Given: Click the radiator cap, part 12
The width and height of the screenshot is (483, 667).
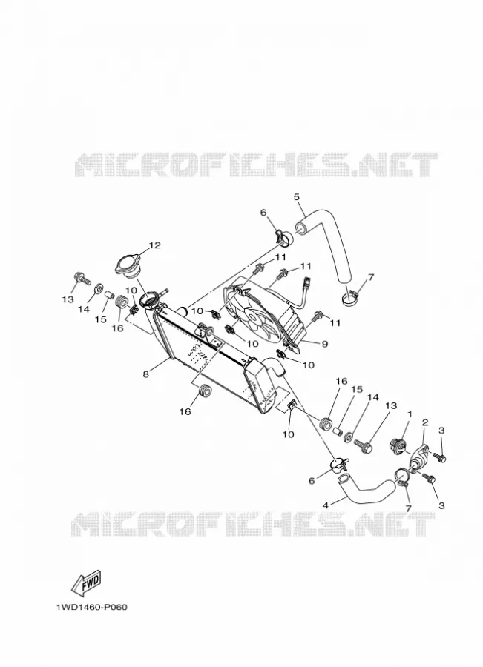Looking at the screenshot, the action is pyautogui.click(x=127, y=266).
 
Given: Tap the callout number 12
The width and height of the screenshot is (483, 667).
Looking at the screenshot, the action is pyautogui.click(x=154, y=245).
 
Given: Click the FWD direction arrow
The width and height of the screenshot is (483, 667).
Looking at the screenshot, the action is pyautogui.click(x=86, y=583).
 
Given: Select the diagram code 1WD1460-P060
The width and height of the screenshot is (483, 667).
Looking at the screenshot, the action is pyautogui.click(x=91, y=607).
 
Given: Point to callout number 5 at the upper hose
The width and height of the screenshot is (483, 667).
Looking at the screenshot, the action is pyautogui.click(x=297, y=197).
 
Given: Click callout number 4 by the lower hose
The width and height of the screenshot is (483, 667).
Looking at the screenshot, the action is pyautogui.click(x=326, y=505).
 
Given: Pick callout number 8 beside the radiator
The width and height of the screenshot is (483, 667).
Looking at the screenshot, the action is pyautogui.click(x=146, y=374).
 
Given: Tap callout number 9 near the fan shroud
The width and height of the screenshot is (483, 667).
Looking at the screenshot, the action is pyautogui.click(x=325, y=344).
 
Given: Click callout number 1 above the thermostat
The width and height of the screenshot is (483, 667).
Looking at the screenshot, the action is pyautogui.click(x=410, y=414).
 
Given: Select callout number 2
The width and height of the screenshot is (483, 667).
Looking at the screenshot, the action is pyautogui.click(x=425, y=422).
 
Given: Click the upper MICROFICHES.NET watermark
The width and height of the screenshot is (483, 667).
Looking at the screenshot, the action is pyautogui.click(x=257, y=165).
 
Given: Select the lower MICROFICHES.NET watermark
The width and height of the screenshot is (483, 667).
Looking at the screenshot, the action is pyautogui.click(x=253, y=524).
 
